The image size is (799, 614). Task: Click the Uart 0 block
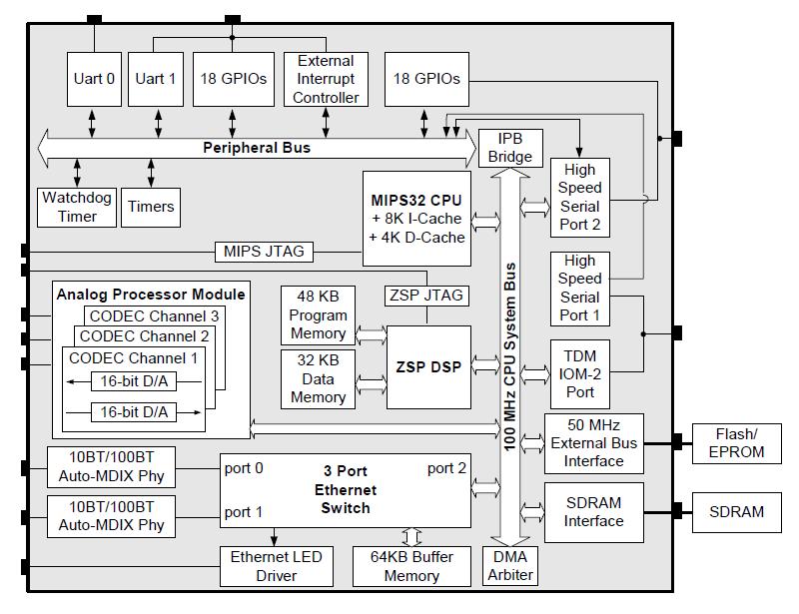(x=94, y=78)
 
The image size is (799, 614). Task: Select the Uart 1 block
(x=156, y=78)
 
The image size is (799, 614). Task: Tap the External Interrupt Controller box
(x=326, y=79)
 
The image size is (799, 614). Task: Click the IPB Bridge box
(x=509, y=148)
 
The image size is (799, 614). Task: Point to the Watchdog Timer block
(x=77, y=207)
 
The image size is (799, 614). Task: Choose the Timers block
(x=151, y=207)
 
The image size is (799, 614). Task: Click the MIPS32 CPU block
(x=417, y=219)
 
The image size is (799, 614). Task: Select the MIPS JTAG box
(x=264, y=251)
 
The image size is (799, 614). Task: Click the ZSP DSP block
(x=427, y=366)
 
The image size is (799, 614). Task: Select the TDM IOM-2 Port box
(x=579, y=373)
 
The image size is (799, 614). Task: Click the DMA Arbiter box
(x=509, y=566)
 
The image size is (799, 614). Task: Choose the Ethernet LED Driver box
(x=277, y=566)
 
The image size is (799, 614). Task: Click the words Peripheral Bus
(x=257, y=148)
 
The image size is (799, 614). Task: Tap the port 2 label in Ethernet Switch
(x=446, y=468)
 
